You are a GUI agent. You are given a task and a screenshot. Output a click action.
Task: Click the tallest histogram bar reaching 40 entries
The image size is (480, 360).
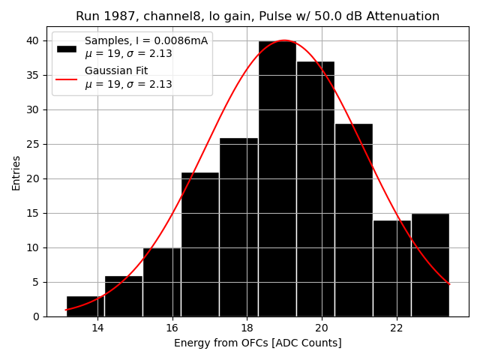pyautogui.click(x=277, y=180)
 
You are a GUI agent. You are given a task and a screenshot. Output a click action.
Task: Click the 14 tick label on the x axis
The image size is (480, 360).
pyautogui.click(x=97, y=328)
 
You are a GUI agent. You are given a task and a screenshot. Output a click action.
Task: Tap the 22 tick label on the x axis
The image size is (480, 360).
pyautogui.click(x=397, y=328)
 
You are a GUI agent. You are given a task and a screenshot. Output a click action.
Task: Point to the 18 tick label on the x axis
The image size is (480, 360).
pyautogui.click(x=247, y=328)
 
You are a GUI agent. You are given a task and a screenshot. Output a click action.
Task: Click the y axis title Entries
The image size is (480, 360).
pyautogui.click(x=16, y=172)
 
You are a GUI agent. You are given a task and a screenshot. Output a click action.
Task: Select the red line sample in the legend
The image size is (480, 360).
pyautogui.click(x=66, y=77)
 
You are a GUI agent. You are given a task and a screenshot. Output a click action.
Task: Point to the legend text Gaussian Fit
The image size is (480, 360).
pyautogui.click(x=116, y=70)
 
